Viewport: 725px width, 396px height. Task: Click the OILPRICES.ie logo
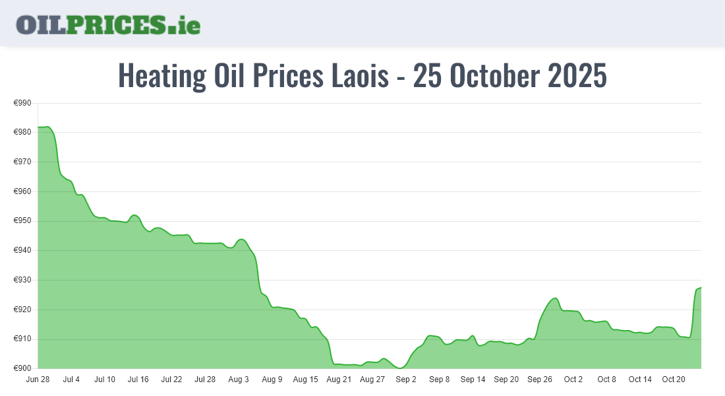pos(108,24)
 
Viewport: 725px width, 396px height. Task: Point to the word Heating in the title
pos(161,76)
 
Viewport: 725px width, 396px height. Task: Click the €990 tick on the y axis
pos(22,103)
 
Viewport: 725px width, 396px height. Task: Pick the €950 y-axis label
pos(22,221)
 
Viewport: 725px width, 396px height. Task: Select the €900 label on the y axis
pos(22,368)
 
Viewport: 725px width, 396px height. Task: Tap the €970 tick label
pos(22,162)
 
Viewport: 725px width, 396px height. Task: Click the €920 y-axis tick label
pos(22,310)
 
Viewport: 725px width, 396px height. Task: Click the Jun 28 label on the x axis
pos(38,379)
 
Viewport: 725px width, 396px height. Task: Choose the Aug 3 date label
pos(239,379)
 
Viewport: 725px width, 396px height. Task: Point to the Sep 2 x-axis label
pos(406,379)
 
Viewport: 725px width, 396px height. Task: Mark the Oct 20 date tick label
pos(674,379)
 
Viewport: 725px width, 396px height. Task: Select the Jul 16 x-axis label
pos(138,379)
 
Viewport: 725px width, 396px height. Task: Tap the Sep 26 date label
pos(540,379)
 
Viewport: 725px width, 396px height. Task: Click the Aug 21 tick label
pos(339,379)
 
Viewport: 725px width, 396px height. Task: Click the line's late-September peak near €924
pos(555,298)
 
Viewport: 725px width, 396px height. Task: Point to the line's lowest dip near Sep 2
pos(400,368)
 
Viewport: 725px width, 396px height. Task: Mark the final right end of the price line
pos(701,287)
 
